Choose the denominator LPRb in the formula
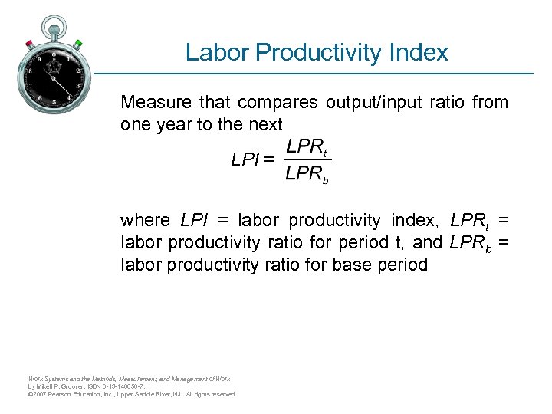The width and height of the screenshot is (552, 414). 307,175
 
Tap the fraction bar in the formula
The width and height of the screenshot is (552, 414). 307,160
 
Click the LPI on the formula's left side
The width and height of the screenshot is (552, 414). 245,160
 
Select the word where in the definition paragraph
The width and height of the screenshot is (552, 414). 145,221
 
